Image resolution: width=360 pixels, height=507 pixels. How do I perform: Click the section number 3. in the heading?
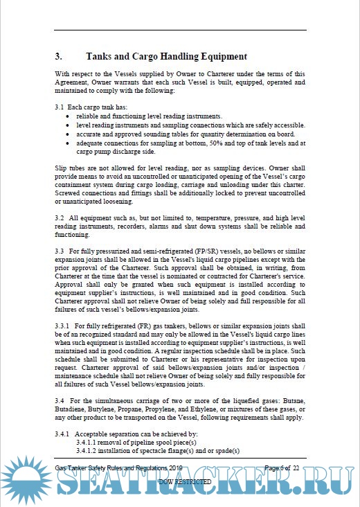(x=59, y=56)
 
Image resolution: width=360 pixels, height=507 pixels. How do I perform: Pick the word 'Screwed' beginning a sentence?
(x=70, y=200)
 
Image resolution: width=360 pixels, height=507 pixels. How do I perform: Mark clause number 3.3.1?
(x=64, y=324)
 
